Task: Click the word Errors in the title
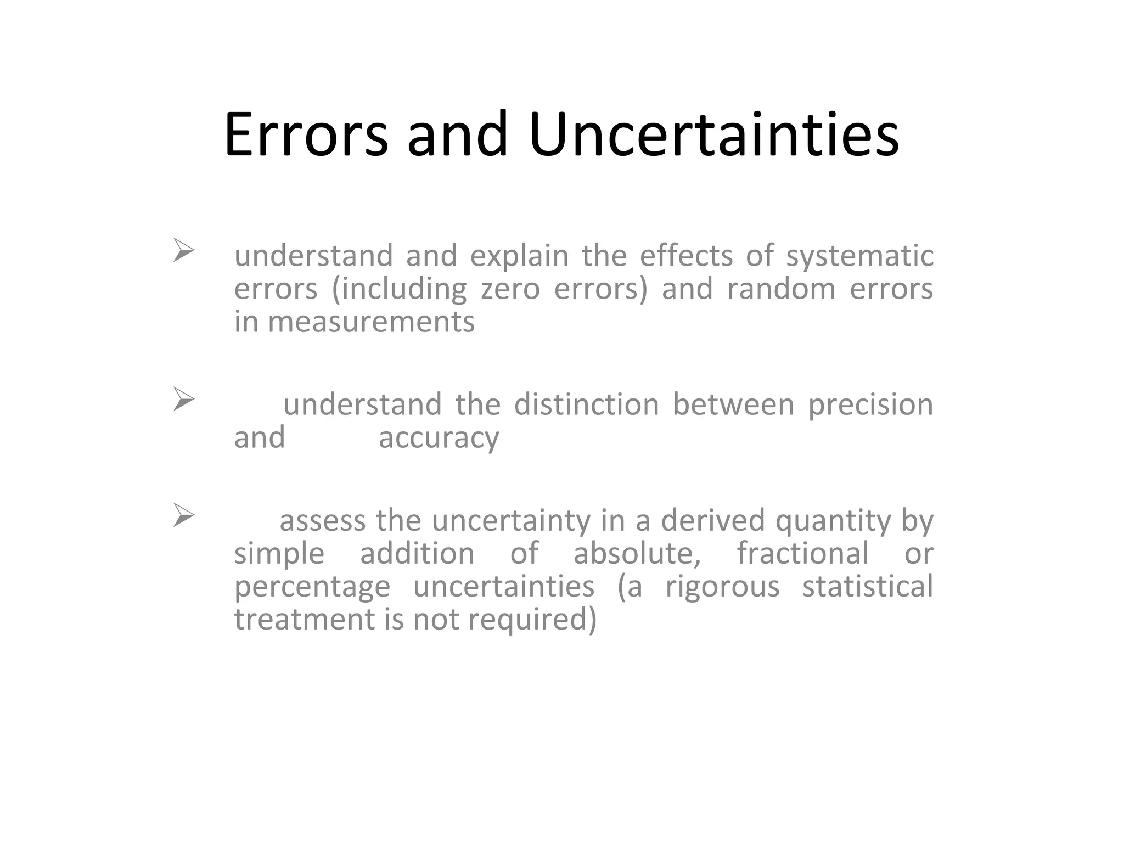pos(306,134)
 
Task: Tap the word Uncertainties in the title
pos(713,134)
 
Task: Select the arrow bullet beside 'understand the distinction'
pos(184,399)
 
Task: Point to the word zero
pos(510,289)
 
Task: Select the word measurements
pos(371,322)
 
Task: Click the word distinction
pos(586,405)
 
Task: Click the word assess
pos(322,521)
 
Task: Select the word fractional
pos(802,553)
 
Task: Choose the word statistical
pos(867,586)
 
